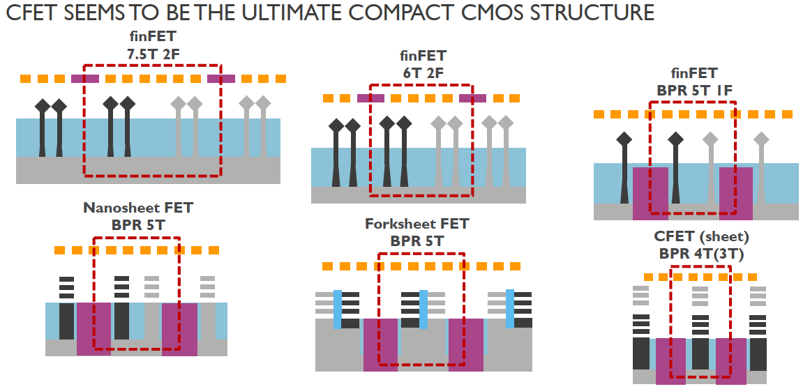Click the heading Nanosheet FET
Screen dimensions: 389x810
tap(138, 207)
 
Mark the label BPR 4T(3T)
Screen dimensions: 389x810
tap(700, 255)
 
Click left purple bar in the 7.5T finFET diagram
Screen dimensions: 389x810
tap(85, 79)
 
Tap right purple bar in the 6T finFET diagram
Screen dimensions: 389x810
tap(472, 99)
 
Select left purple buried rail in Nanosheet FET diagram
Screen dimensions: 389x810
tap(93, 328)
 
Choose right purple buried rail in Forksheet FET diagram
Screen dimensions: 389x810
tap(465, 344)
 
